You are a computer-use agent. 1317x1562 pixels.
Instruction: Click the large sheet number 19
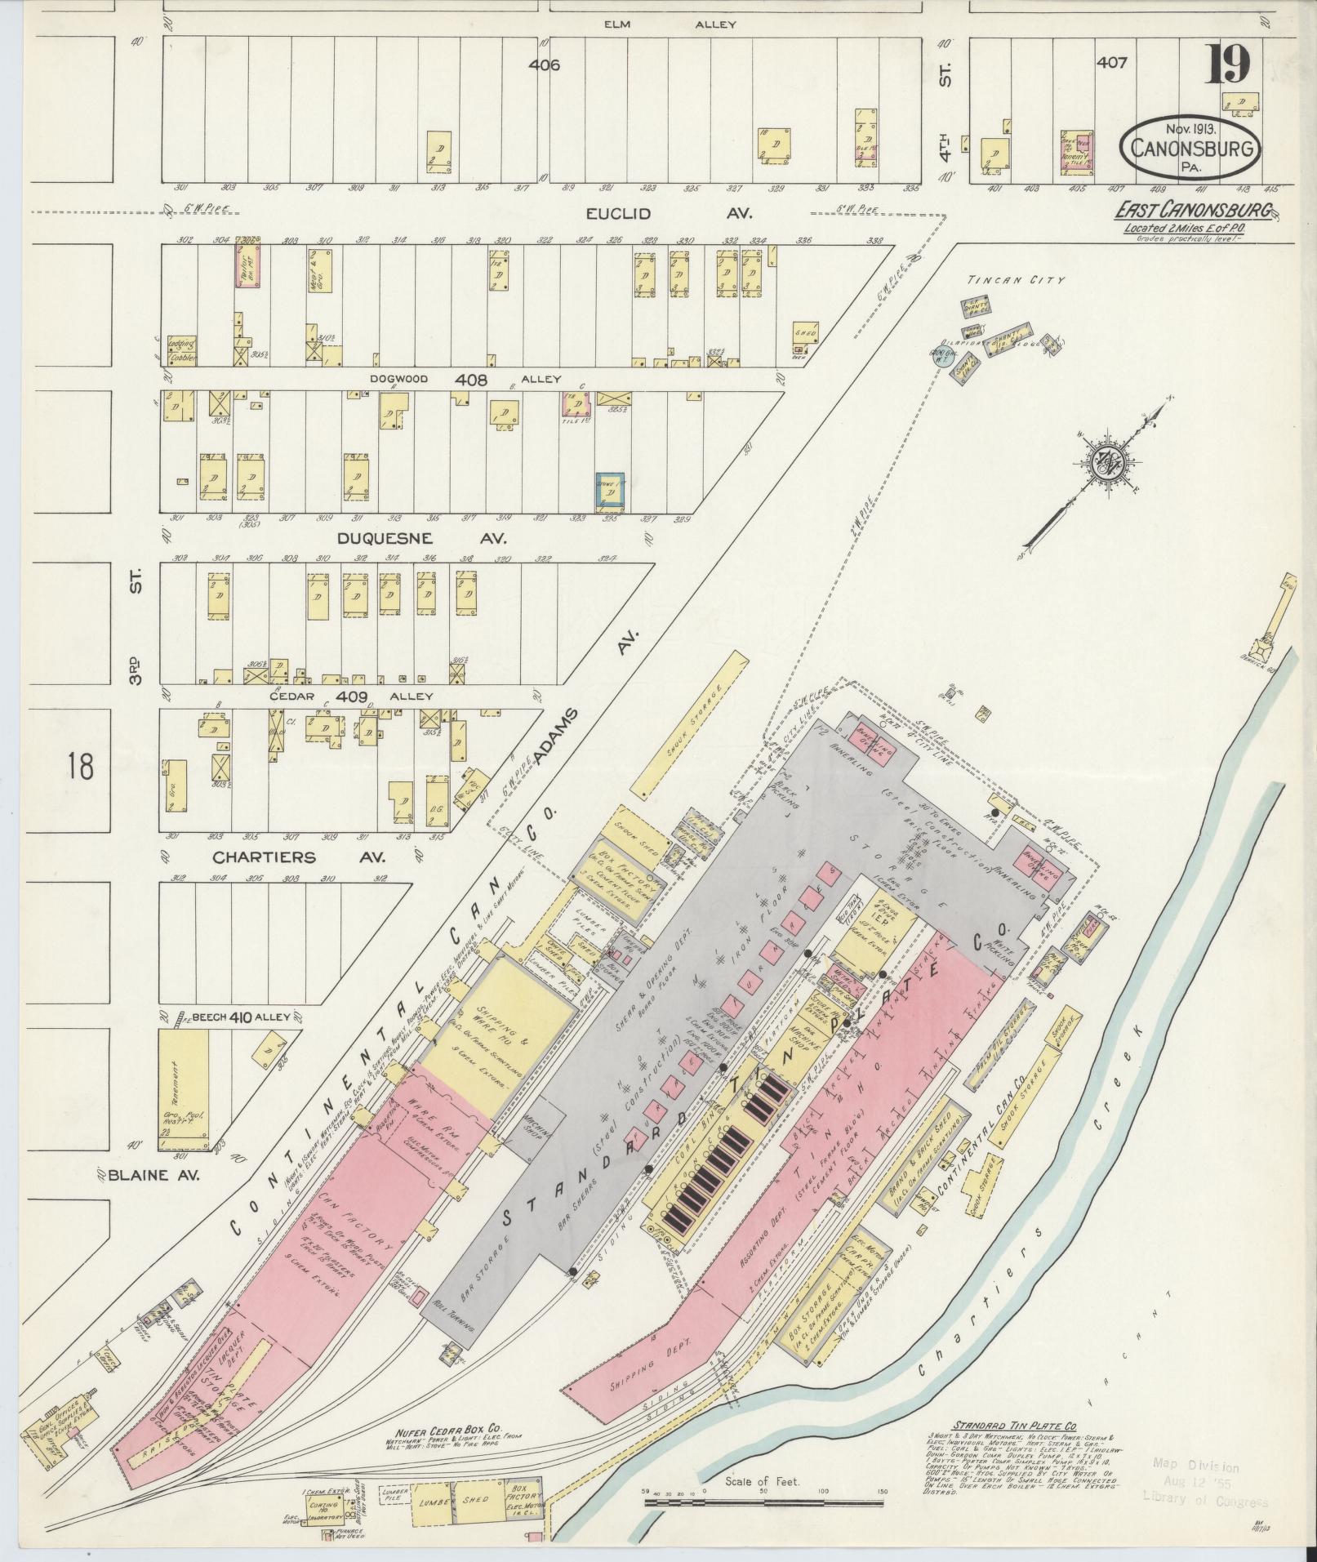(1227, 66)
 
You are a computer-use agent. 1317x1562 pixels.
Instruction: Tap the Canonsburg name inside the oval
(1194, 149)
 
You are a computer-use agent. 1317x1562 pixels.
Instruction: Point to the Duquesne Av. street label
(421, 539)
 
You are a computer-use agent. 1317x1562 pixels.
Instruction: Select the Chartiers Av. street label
(299, 857)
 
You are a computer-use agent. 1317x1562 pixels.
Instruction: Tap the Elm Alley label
(670, 24)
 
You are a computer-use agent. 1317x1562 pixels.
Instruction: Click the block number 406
(544, 65)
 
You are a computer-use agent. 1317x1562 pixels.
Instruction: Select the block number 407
(1112, 62)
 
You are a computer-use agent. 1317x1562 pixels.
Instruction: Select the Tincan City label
(1016, 280)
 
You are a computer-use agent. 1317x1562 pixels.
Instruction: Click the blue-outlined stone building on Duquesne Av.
(611, 492)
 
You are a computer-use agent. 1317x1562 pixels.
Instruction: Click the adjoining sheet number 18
(81, 767)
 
